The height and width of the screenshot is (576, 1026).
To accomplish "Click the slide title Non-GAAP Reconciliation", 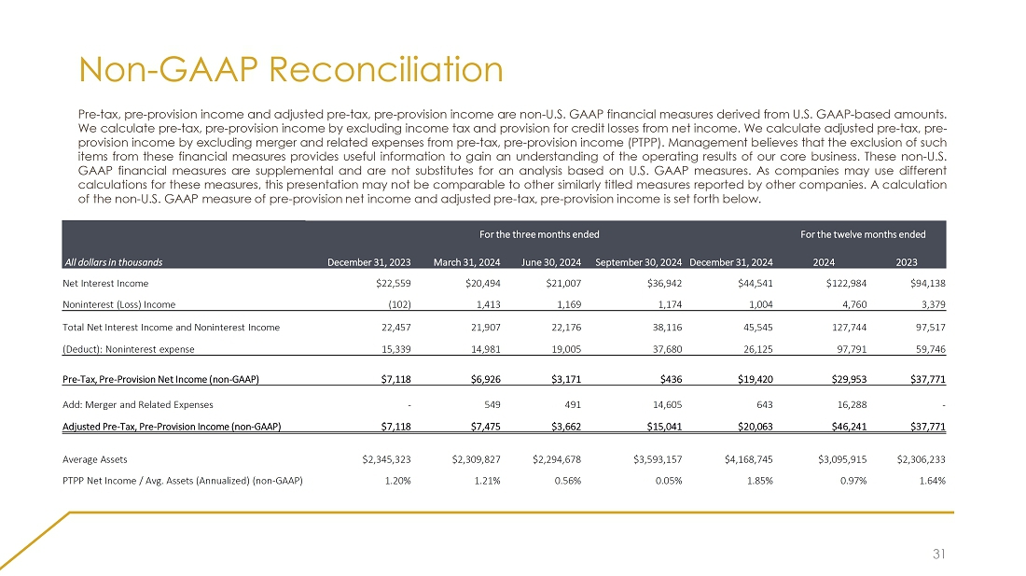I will tap(291, 70).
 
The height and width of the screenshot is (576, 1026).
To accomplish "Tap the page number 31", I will tap(941, 554).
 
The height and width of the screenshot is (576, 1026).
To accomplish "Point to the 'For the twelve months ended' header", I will tap(863, 233).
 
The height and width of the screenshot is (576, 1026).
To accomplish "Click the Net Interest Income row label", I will tap(105, 283).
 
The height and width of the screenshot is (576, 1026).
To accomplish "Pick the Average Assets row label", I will tap(95, 459).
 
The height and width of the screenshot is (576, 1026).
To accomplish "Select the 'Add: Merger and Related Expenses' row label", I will tap(138, 404).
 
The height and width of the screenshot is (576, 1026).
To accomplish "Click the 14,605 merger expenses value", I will tap(665, 404).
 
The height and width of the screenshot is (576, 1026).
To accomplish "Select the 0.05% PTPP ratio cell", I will tap(668, 481).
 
